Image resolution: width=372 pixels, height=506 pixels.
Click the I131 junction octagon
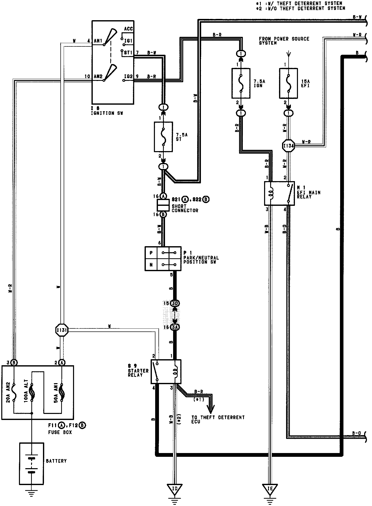pos(62,330)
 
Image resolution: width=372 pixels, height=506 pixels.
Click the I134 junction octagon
pos(288,146)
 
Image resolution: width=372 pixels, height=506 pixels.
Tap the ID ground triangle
pos(175,489)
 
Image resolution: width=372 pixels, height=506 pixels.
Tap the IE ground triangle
pos(270,489)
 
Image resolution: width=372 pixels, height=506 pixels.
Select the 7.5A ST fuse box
pos(164,137)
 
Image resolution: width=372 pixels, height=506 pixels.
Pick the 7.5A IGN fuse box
pos(241,83)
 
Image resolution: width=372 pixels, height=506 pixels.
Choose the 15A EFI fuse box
pos(289,83)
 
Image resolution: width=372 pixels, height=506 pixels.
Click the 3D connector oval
pos(174,303)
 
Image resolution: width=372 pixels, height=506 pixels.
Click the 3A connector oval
pos(174,327)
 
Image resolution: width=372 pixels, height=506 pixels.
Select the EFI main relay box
pos(280,193)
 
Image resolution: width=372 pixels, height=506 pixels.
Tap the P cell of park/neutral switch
pos(151,253)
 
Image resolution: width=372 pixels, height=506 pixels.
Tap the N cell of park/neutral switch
pos(151,265)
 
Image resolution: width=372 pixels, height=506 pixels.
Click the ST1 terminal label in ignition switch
pos(128,53)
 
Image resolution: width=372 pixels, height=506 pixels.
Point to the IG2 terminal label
pos(128,76)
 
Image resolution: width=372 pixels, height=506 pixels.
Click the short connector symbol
pos(163,205)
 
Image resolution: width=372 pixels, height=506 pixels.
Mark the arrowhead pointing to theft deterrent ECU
pos(211,408)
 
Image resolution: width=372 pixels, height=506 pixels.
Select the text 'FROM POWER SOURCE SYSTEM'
pos(284,41)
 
